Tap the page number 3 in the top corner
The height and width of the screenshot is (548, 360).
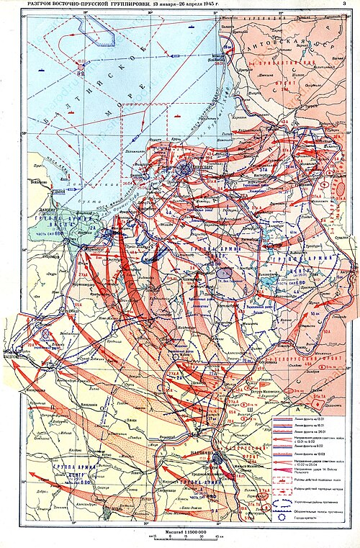351,5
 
